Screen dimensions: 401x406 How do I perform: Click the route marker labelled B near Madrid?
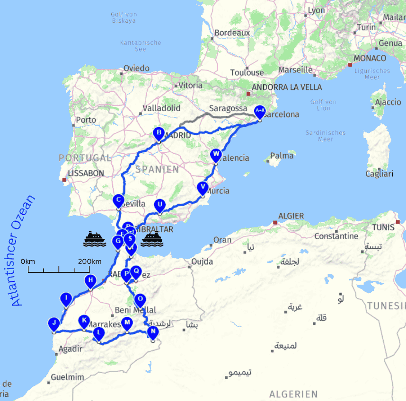[159, 132]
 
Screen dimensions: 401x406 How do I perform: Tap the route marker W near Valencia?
[216, 154]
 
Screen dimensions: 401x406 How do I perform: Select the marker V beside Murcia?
[203, 187]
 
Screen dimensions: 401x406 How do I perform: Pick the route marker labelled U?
[160, 205]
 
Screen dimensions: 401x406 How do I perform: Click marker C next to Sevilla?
[118, 200]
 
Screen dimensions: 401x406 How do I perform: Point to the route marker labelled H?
[90, 280]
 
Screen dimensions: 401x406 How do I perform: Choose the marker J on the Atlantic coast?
[54, 324]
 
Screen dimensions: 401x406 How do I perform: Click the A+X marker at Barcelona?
[259, 111]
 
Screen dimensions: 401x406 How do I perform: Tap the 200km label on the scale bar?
[90, 262]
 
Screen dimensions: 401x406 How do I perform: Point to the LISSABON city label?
[86, 174]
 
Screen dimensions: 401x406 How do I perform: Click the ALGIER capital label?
[291, 216]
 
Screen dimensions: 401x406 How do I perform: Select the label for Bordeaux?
[232, 33]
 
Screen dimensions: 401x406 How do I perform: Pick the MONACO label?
[370, 58]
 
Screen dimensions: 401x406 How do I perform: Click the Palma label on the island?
[282, 155]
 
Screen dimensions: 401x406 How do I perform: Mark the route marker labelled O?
[140, 299]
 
